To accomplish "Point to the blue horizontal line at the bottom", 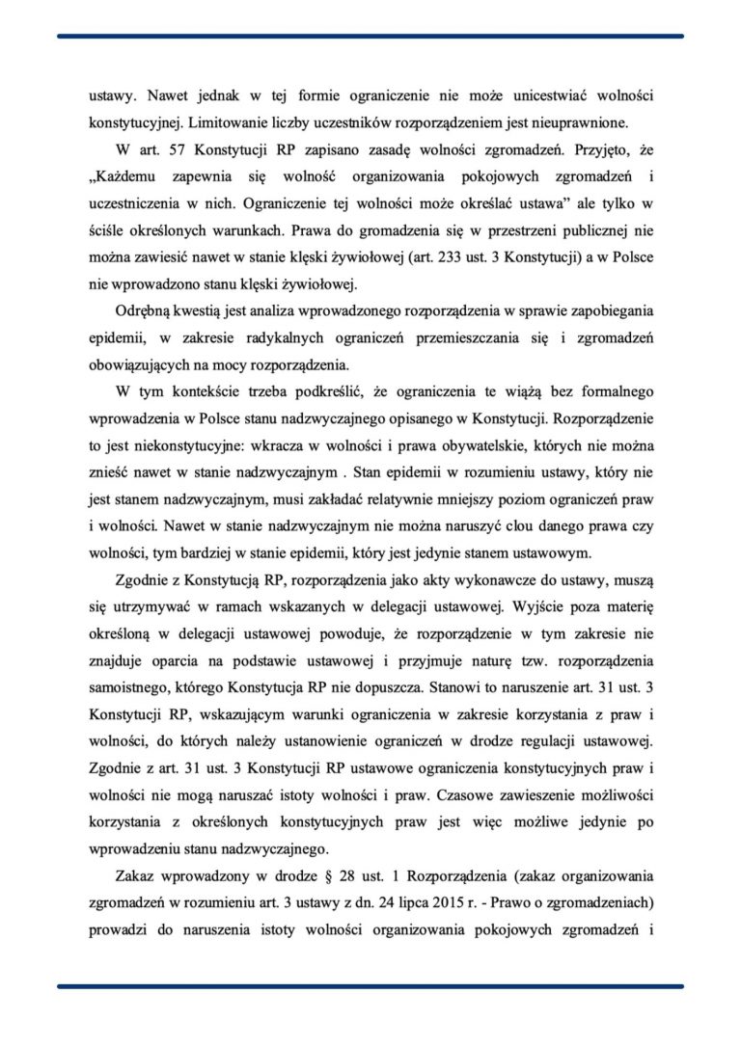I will click(x=370, y=986).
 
